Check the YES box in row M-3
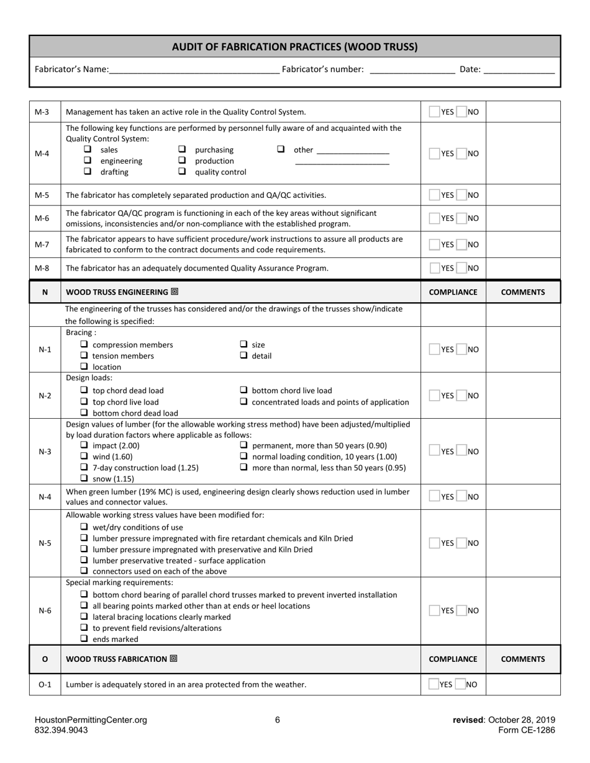434,112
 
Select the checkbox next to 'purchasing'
182,149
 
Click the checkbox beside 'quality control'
182,172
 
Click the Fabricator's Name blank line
194,70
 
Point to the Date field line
519,70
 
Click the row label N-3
45,452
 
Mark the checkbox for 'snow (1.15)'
84,478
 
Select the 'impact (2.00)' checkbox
84,445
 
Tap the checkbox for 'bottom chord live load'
243,390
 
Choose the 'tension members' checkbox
84,355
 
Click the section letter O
45,659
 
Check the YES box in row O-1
433,684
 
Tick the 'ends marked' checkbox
84,639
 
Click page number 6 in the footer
278,720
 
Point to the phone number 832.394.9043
61,730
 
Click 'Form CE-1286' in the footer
527,730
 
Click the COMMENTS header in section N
523,292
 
